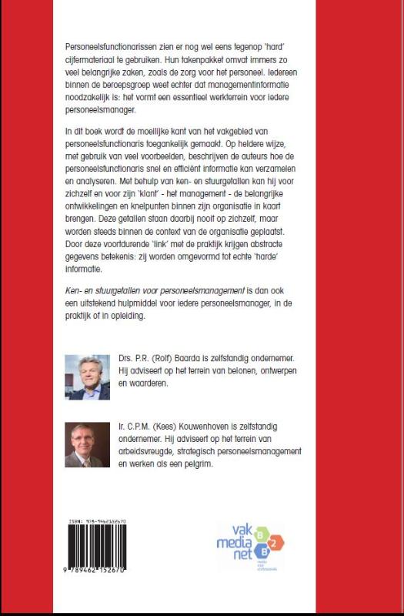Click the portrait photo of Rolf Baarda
[x=86, y=377]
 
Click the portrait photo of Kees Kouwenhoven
[x=86, y=444]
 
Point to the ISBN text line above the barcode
[x=97, y=521]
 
